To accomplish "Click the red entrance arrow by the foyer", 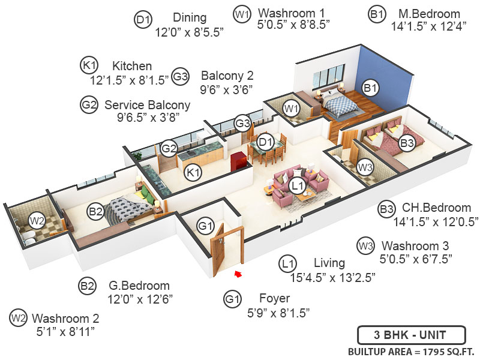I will pyautogui.click(x=238, y=274).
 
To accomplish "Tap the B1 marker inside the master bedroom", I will pyautogui.click(x=371, y=88).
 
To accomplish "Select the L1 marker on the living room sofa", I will pyautogui.click(x=297, y=187).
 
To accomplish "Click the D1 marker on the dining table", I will pyautogui.click(x=264, y=142).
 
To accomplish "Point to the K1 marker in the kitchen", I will pyautogui.click(x=193, y=173).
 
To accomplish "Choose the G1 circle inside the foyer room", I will pyautogui.click(x=206, y=226).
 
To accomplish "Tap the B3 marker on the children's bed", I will pyautogui.click(x=407, y=143).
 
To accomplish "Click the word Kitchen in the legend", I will pyautogui.click(x=132, y=65).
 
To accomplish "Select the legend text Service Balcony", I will pyautogui.click(x=147, y=105).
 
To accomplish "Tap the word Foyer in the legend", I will pyautogui.click(x=275, y=298).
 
